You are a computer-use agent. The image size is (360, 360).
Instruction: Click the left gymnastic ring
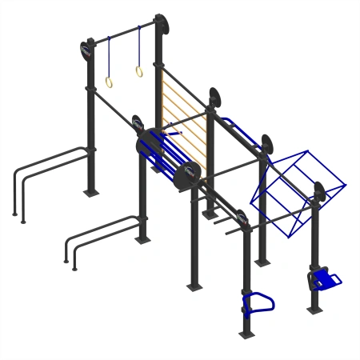[x=108, y=82]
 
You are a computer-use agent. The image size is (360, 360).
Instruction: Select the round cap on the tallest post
[x=162, y=25]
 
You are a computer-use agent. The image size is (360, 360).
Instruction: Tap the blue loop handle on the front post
[x=258, y=302]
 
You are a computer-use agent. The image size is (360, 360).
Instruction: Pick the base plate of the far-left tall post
[x=92, y=191]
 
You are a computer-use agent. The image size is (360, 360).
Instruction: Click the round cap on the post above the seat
[x=319, y=193]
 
